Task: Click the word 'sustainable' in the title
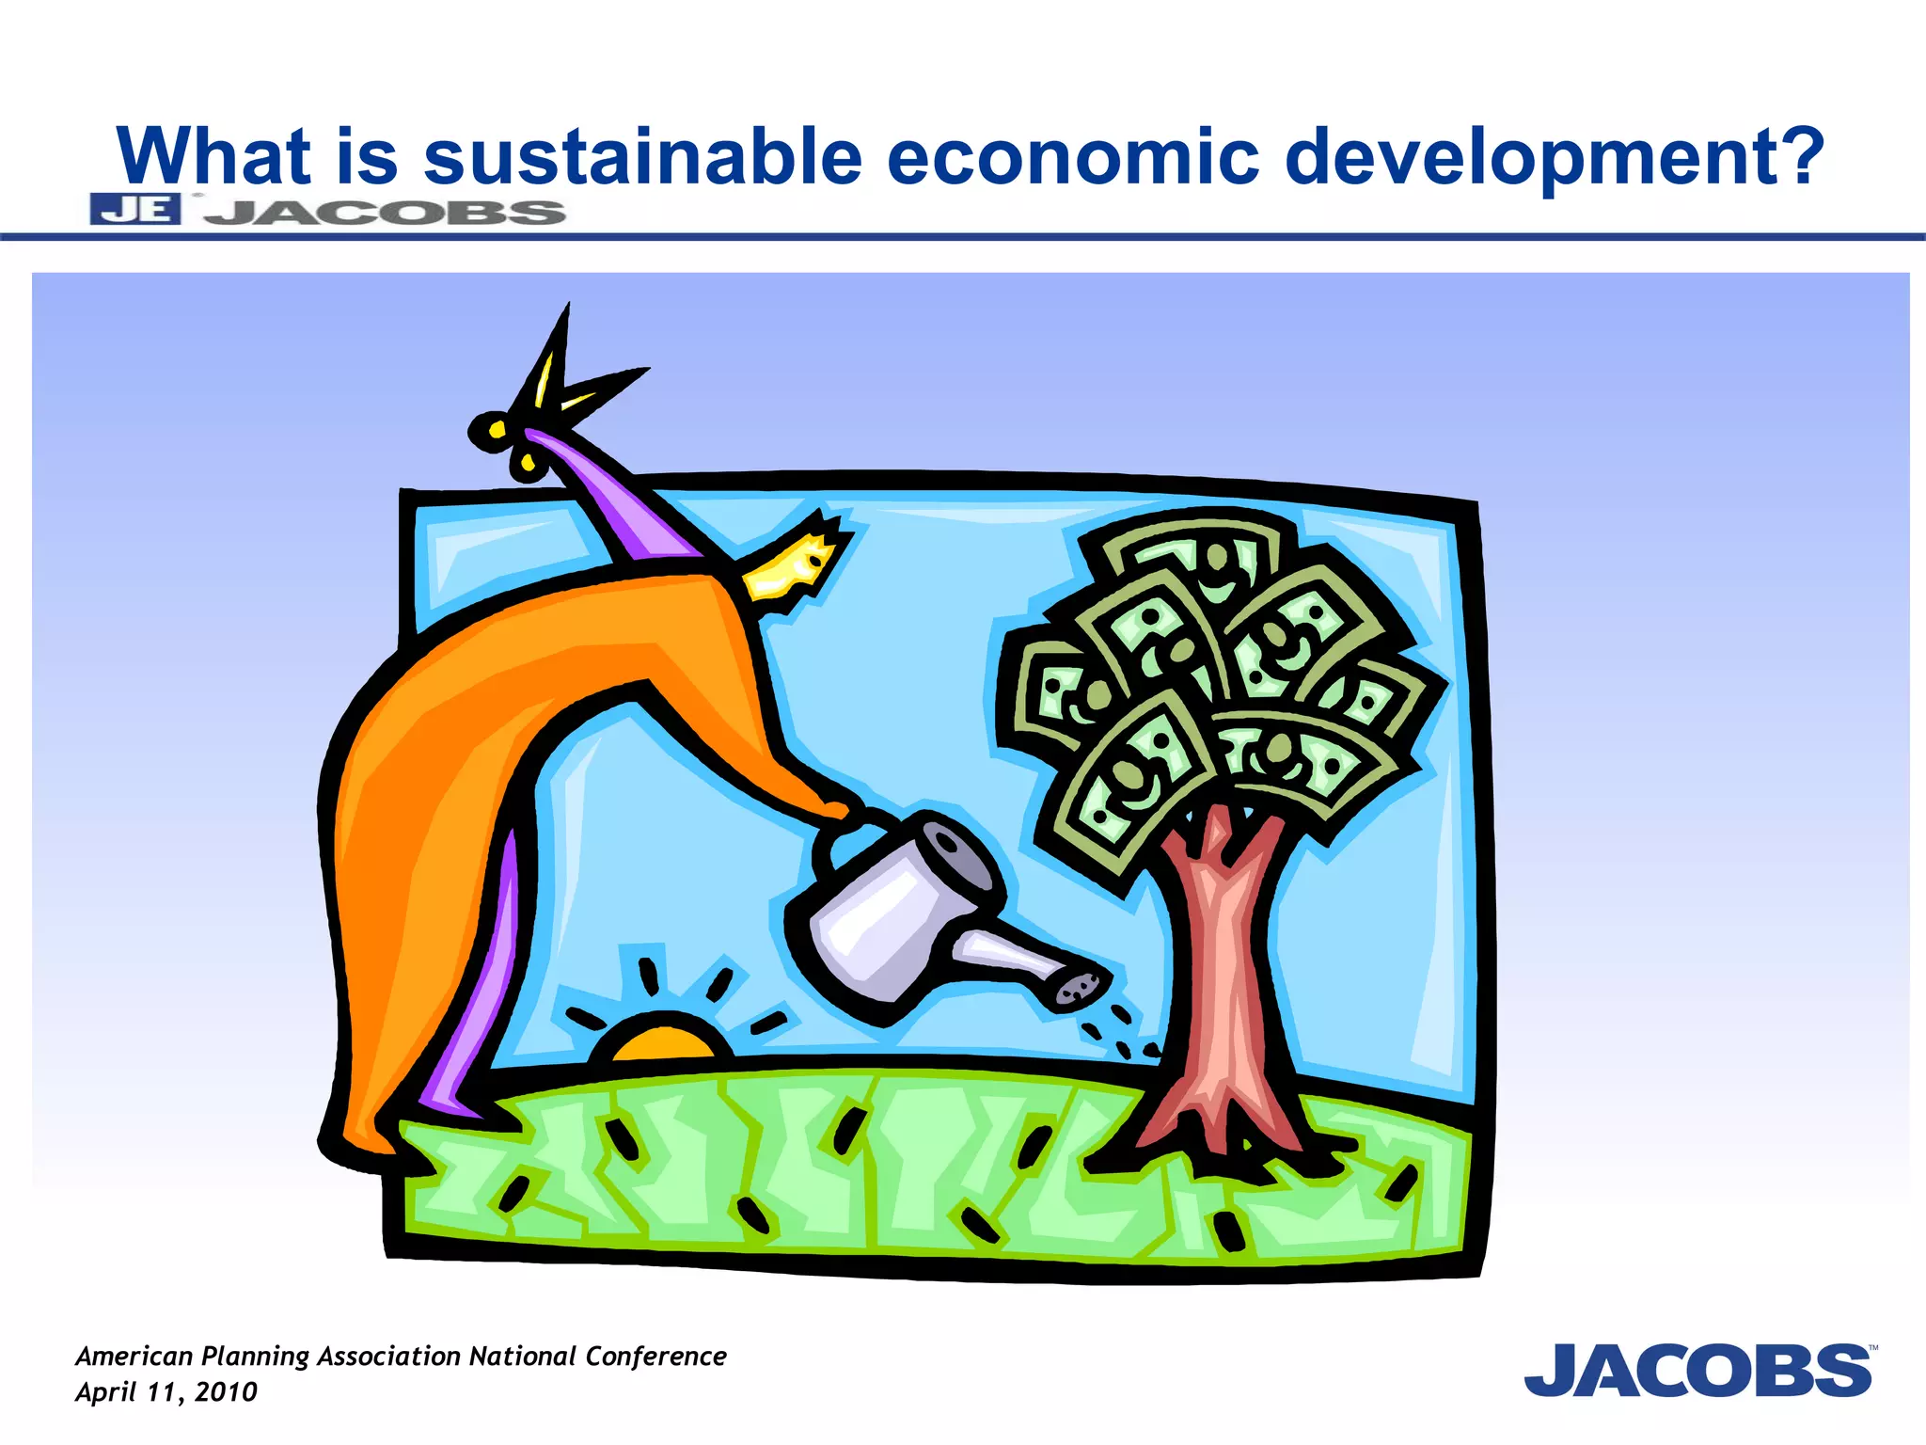point(642,157)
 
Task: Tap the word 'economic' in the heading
point(1072,157)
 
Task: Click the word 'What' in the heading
point(213,157)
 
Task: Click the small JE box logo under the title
point(134,209)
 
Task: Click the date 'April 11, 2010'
point(166,1392)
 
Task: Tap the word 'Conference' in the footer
point(655,1356)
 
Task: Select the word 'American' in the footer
point(134,1356)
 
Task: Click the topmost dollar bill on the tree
point(1194,555)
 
